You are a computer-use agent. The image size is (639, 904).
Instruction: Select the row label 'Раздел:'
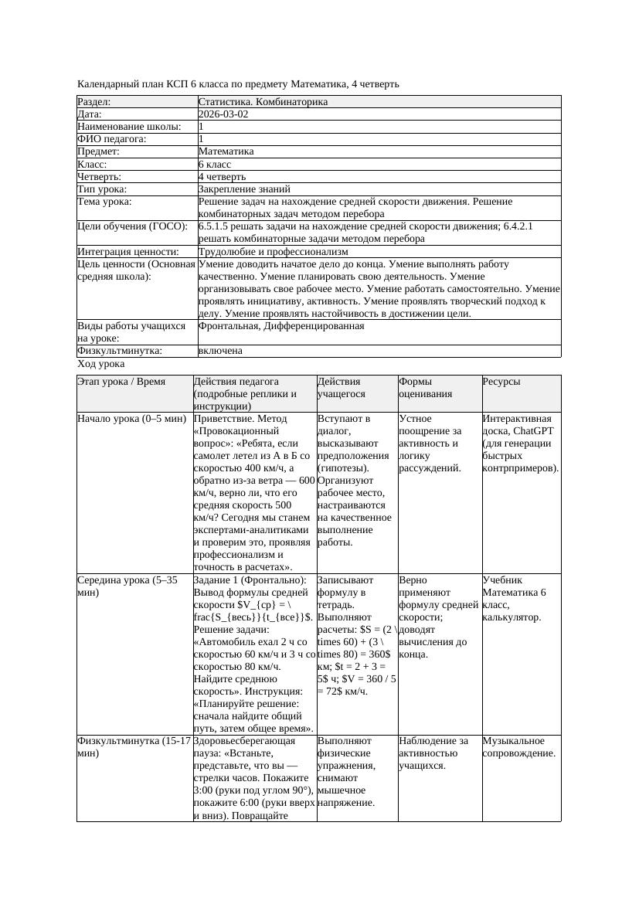point(94,102)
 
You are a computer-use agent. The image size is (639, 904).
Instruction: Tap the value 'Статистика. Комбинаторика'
point(263,102)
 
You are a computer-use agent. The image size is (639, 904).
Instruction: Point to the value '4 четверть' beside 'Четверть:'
point(222,177)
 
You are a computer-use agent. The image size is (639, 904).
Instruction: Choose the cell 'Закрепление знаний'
point(244,189)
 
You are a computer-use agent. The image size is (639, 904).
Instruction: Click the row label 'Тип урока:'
point(101,189)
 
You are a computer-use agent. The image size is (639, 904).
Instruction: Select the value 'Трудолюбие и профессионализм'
point(273,252)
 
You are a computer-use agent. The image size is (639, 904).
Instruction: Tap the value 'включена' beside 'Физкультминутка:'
point(220,351)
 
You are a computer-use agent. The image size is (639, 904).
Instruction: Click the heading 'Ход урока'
point(101,364)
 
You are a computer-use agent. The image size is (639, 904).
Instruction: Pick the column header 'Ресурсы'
point(501,382)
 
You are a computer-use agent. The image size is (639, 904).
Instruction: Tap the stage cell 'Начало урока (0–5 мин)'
point(131,419)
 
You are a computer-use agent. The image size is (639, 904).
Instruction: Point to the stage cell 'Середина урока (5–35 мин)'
point(128,586)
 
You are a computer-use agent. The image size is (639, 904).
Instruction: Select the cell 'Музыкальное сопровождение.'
point(519,747)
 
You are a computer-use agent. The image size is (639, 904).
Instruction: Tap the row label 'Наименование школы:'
point(130,127)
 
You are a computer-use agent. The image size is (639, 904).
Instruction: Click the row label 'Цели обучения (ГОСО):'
point(133,226)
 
